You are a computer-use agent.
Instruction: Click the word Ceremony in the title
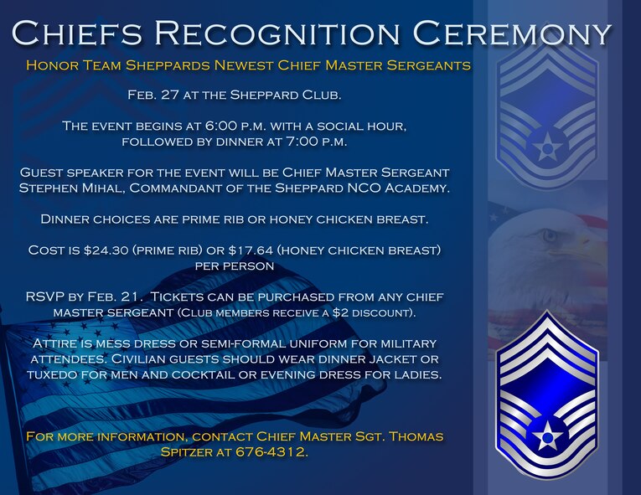[513, 33]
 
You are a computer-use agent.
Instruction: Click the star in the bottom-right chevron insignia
[547, 432]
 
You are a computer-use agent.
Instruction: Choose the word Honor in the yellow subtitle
[50, 64]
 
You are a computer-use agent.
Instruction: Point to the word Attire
[55, 343]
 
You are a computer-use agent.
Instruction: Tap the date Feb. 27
[154, 95]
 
